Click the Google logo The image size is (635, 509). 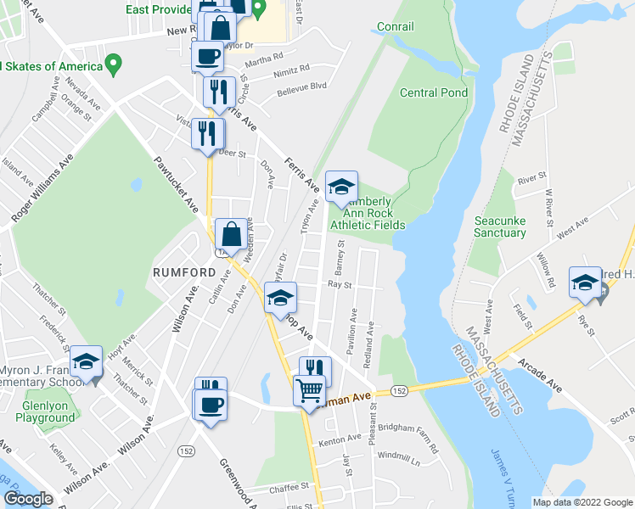click(28, 499)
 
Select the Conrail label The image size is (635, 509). click(395, 27)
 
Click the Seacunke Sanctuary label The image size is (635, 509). click(500, 226)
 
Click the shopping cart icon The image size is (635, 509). click(309, 390)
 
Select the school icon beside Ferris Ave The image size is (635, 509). click(341, 188)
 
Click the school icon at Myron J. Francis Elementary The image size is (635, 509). click(86, 363)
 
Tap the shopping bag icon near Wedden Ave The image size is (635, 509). click(231, 235)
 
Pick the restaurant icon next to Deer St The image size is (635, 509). click(207, 134)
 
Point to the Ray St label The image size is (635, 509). click(340, 286)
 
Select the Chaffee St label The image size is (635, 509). click(286, 487)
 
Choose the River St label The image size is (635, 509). click(532, 179)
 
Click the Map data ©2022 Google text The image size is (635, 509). click(582, 502)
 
